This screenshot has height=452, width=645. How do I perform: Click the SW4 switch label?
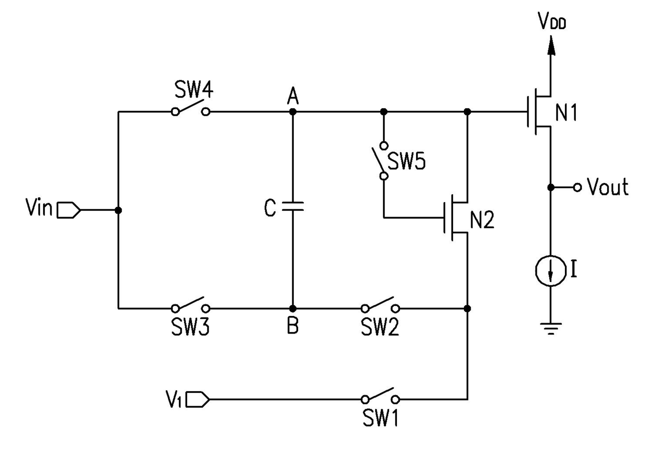point(194,89)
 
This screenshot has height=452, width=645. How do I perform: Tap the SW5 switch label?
point(406,161)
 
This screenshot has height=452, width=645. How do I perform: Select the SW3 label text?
point(190,327)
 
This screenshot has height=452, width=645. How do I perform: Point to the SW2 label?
point(380,327)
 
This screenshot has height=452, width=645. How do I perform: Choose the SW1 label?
point(380,418)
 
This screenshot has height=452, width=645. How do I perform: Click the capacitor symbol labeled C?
point(292,206)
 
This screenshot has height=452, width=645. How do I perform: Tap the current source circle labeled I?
point(551,271)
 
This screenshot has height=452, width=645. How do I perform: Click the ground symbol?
point(551,329)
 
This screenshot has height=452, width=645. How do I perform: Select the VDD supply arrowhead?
point(551,45)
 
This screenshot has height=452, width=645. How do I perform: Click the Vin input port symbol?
point(69,210)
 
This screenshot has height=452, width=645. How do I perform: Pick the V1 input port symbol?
point(198,400)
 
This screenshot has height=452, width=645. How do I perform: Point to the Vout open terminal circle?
point(577,188)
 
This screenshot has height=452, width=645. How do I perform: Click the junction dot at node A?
point(293,112)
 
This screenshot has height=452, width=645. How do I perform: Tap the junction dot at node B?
point(293,309)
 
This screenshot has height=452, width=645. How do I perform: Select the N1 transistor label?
point(566,113)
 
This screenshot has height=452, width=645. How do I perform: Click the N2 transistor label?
point(482,220)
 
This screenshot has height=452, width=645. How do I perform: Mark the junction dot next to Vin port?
point(118,210)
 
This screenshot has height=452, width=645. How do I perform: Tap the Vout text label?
point(608,187)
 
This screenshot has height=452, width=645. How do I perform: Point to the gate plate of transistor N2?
point(444,218)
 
